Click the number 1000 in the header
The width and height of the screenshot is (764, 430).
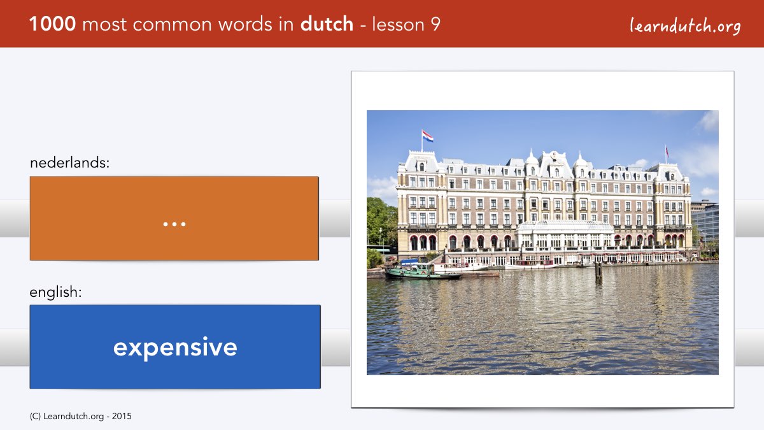(52, 24)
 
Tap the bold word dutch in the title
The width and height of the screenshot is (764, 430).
(327, 24)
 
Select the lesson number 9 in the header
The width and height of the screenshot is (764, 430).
(435, 24)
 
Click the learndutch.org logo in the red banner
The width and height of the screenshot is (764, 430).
(685, 26)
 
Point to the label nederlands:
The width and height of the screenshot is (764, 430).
(69, 162)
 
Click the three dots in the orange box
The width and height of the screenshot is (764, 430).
(174, 224)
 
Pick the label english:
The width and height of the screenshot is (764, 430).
(55, 292)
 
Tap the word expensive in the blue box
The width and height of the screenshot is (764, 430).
(175, 347)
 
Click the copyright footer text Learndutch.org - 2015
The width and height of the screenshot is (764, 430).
(80, 417)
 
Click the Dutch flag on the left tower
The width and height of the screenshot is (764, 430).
(427, 136)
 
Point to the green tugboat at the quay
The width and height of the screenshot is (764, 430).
(422, 270)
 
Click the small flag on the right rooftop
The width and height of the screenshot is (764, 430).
(667, 152)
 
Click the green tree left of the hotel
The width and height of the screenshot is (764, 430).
(381, 222)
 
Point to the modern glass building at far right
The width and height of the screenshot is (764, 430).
(705, 222)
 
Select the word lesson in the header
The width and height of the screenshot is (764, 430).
(398, 24)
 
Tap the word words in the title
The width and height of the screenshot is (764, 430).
(245, 24)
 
